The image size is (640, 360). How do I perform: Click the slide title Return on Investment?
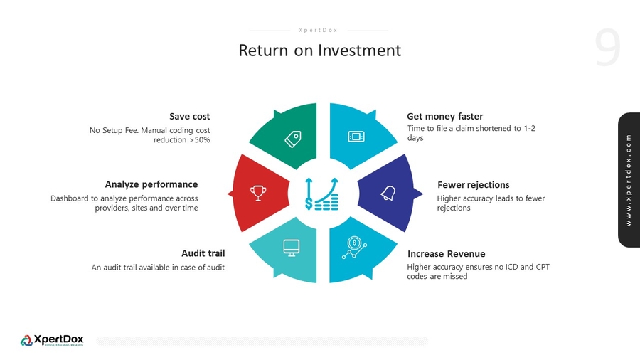coord(319,51)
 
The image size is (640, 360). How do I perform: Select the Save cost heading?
coord(189,116)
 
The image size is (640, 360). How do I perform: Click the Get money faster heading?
coord(444,116)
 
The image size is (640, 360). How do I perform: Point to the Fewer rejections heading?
coord(473,185)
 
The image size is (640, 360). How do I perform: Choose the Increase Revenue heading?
coord(446,254)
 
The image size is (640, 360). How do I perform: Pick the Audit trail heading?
coord(203,253)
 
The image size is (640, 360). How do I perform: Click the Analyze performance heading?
coord(151,184)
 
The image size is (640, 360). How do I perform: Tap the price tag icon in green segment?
coord(292,138)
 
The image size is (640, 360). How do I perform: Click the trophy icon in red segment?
coord(258,192)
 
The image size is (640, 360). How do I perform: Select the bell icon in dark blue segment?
coord(388,193)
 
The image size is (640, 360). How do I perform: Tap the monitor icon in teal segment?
coord(291,247)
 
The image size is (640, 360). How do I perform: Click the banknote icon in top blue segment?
coord(356,137)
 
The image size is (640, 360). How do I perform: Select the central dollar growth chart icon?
coord(321,194)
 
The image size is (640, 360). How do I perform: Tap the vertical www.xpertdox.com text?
coord(629,180)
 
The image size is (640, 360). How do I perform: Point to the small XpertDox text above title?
coord(319,31)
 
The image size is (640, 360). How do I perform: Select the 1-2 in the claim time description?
coord(529,129)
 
